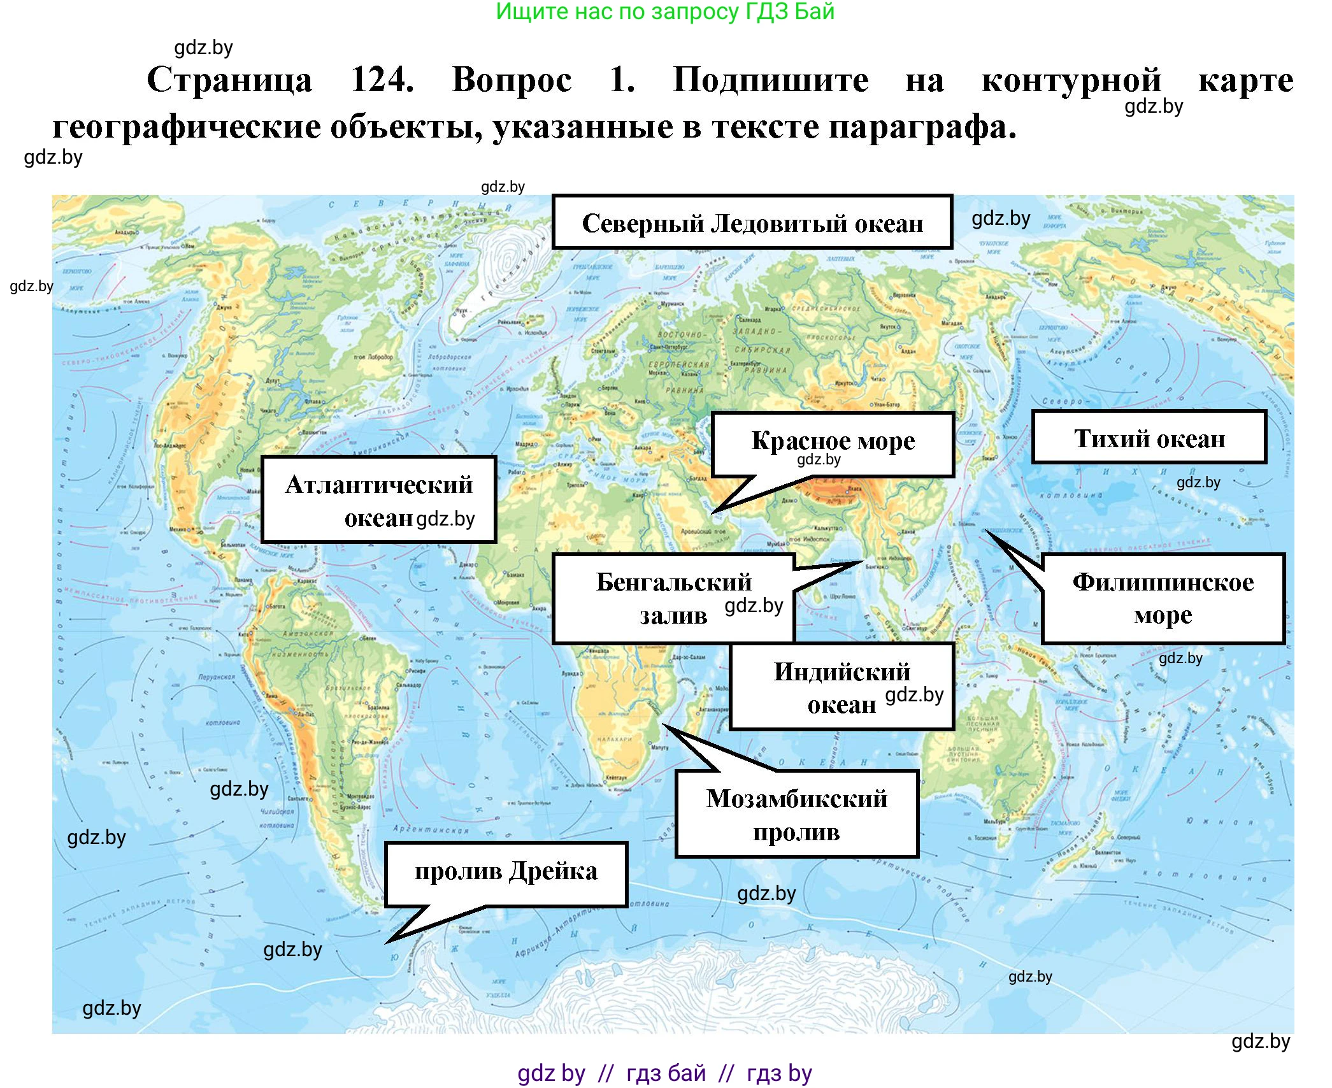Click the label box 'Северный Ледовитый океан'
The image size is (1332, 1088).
click(x=752, y=222)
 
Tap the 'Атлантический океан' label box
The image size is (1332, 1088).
click(x=378, y=500)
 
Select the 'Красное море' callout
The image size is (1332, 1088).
click(x=832, y=444)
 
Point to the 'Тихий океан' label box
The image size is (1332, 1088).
click(x=1149, y=438)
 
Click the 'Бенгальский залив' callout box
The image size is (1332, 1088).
click(x=673, y=598)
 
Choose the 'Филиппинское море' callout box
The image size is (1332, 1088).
click(x=1163, y=598)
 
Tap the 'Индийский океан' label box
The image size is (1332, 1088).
click(x=841, y=687)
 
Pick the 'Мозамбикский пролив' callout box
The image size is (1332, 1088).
click(x=796, y=814)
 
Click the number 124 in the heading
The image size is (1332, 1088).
click(x=382, y=80)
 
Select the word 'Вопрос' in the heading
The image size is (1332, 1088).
click(x=512, y=80)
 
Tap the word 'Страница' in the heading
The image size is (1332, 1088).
click(x=229, y=80)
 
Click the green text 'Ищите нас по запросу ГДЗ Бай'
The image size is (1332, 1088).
click(x=665, y=11)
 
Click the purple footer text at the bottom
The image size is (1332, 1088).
click(x=664, y=1073)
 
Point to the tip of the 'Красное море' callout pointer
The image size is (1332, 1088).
click(x=713, y=513)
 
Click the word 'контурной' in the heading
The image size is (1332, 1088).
click(x=1071, y=80)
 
